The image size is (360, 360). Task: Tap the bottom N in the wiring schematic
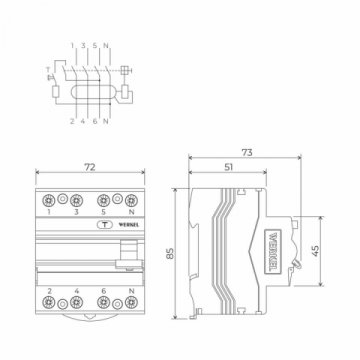[x=107, y=121]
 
